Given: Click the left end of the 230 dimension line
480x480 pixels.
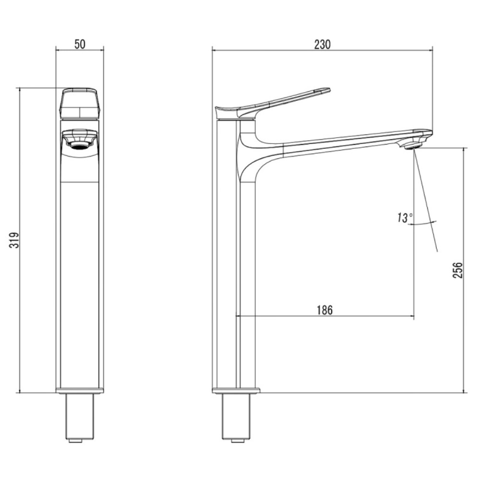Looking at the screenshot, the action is click(212, 50).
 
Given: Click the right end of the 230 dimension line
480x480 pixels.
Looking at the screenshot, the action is click(432, 50).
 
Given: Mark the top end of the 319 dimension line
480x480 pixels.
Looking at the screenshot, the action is click(20, 88).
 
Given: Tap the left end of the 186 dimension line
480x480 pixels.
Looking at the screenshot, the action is click(236, 316).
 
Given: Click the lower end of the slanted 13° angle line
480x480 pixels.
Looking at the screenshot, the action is click(437, 252).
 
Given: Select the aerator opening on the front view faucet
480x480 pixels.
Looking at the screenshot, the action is click(80, 146).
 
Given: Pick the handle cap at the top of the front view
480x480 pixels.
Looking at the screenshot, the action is click(80, 103).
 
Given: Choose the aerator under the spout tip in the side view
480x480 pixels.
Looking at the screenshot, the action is click(412, 144).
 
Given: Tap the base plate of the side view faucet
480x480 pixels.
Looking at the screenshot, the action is click(236, 390).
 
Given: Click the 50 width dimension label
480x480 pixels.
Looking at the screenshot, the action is click(80, 44).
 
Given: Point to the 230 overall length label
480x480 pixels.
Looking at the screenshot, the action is click(323, 44).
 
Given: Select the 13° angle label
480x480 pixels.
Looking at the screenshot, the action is click(405, 218).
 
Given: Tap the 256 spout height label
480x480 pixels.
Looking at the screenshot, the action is click(458, 270).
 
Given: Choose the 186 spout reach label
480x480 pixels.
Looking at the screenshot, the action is click(324, 310).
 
